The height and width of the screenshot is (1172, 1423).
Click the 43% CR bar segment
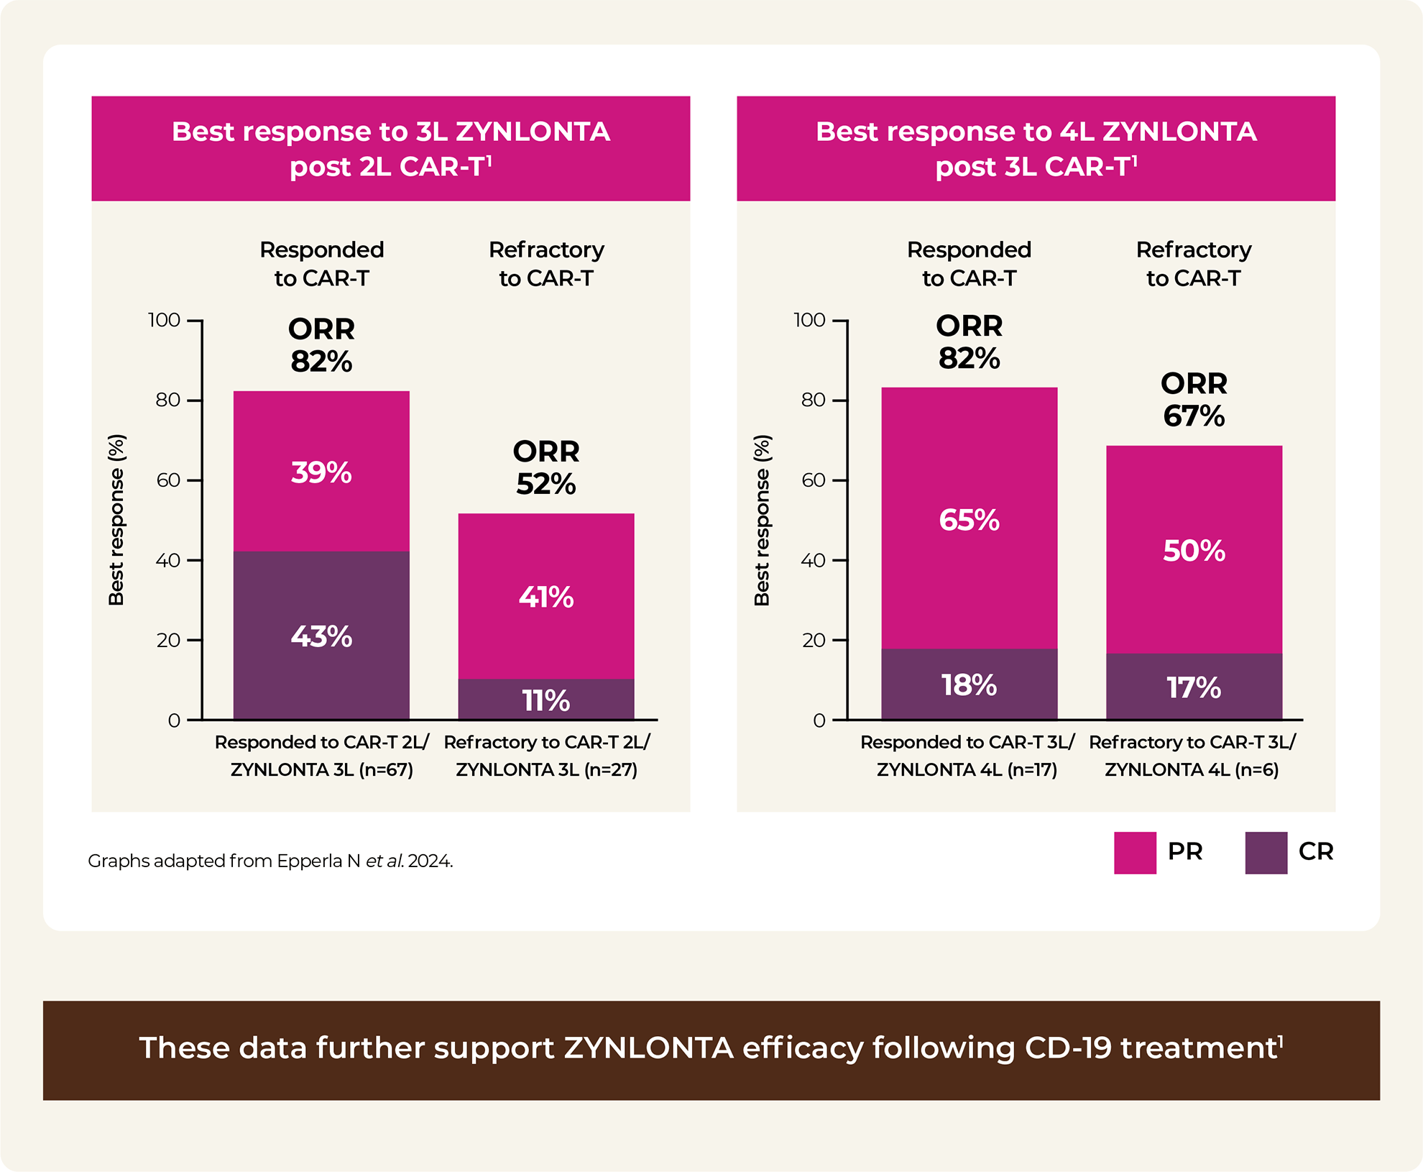[x=321, y=636]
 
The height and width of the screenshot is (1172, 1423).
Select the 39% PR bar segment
[x=321, y=471]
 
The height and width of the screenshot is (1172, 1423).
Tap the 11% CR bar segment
[x=546, y=700]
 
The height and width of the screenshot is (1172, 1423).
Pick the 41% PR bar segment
[x=546, y=596]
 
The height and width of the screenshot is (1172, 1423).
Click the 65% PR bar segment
[x=969, y=518]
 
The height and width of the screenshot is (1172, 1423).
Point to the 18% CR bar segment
[x=969, y=685]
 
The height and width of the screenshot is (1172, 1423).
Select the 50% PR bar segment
[x=1194, y=550]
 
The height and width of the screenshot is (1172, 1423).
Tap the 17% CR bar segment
[x=1194, y=687]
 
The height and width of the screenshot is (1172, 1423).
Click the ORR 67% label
[x=1194, y=400]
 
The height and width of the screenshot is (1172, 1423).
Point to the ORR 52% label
[x=546, y=467]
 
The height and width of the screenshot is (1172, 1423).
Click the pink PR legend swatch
[x=1135, y=853]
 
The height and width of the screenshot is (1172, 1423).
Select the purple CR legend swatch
[x=1266, y=853]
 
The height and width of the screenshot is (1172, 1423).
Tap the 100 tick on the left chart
[x=165, y=320]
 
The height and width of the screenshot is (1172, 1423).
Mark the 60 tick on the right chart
[x=814, y=480]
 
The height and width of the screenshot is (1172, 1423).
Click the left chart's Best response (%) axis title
[x=116, y=520]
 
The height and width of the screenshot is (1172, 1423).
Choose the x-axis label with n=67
[x=321, y=756]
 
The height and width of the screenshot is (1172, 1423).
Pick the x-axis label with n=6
[x=1192, y=756]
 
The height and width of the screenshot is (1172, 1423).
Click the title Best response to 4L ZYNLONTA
[x=1036, y=148]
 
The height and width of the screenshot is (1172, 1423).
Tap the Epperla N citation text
[x=270, y=861]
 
